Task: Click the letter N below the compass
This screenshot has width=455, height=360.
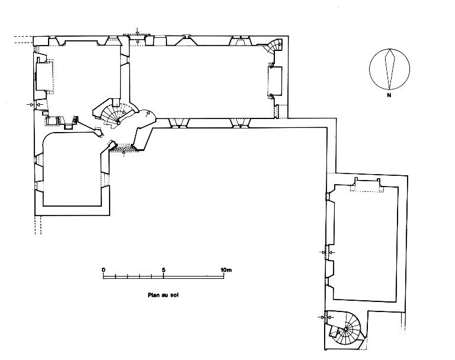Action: coord(389,95)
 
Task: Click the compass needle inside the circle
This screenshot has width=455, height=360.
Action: coord(390,69)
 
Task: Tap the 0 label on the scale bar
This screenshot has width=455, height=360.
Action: coord(104,270)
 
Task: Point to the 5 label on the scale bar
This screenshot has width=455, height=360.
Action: coord(164,270)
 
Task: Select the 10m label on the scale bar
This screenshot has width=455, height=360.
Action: coord(226,270)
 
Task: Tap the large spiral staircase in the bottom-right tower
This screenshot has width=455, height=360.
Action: coord(346,329)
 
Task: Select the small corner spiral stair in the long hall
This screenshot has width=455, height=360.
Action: coord(274,46)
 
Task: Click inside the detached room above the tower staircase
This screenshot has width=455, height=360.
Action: coord(365,244)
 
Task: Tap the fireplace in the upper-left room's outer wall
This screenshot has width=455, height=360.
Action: coord(43,76)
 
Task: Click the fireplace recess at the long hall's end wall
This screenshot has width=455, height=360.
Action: coord(275,81)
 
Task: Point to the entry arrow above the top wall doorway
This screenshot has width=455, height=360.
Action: coord(137,31)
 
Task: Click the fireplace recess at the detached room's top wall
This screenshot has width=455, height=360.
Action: coord(367,186)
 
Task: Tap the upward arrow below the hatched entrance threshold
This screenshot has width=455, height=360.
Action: coord(124,153)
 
